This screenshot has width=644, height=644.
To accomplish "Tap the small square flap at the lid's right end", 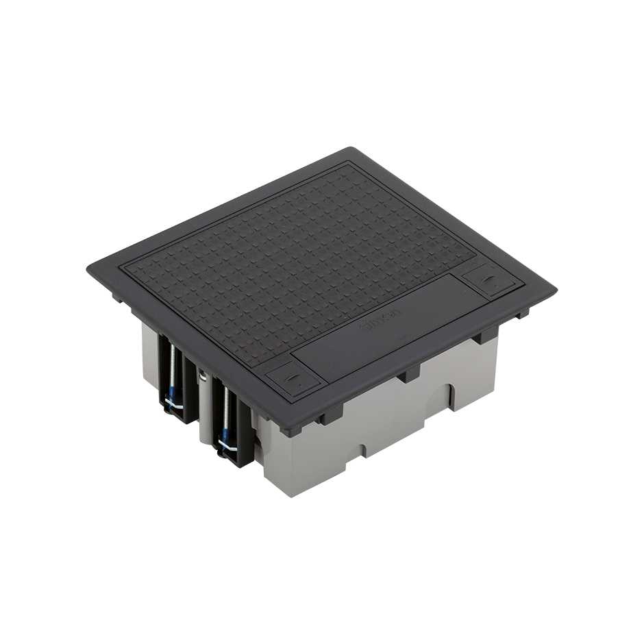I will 492,280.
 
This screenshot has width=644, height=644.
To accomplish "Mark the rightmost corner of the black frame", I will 554,290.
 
